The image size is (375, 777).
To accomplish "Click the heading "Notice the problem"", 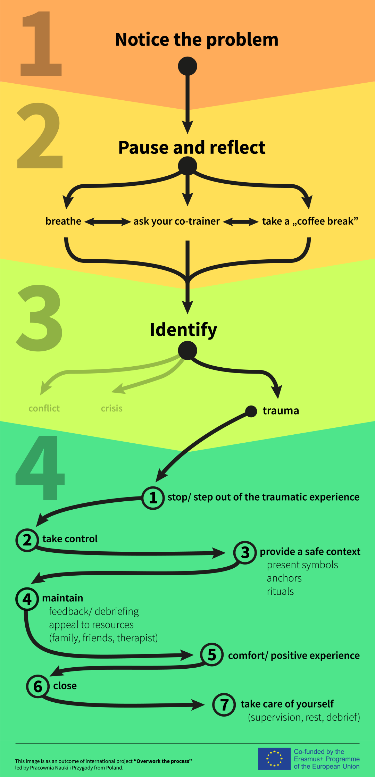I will pyautogui.click(x=197, y=40).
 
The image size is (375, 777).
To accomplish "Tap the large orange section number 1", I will pyautogui.click(x=41, y=44).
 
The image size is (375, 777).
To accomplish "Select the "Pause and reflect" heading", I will pyautogui.click(x=192, y=148).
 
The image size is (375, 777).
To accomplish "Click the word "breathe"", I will pyautogui.click(x=63, y=221).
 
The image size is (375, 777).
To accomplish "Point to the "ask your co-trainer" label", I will pyautogui.click(x=176, y=221).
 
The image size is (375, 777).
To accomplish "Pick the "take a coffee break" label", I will pyautogui.click(x=310, y=221).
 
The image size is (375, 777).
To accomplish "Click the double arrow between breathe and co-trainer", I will pyautogui.click(x=107, y=222).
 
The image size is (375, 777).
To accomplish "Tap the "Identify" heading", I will pyautogui.click(x=183, y=330).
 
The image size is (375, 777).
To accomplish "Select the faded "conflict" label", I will pyautogui.click(x=44, y=408).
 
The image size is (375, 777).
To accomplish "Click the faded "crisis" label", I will pyautogui.click(x=111, y=408).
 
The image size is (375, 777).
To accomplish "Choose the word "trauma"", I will pyautogui.click(x=281, y=411).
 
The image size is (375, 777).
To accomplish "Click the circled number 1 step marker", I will pyautogui.click(x=153, y=498).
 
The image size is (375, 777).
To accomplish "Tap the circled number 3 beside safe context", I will pyautogui.click(x=245, y=552).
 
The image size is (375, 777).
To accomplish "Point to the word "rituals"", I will pyautogui.click(x=280, y=591).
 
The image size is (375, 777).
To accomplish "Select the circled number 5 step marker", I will pyautogui.click(x=212, y=655).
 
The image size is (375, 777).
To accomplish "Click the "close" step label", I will pyautogui.click(x=65, y=686).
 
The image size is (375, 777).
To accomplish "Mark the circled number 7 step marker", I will pyautogui.click(x=224, y=705).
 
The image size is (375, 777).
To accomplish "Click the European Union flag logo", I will pyautogui.click(x=274, y=759).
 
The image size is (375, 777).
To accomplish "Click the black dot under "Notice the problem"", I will pyautogui.click(x=187, y=66).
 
